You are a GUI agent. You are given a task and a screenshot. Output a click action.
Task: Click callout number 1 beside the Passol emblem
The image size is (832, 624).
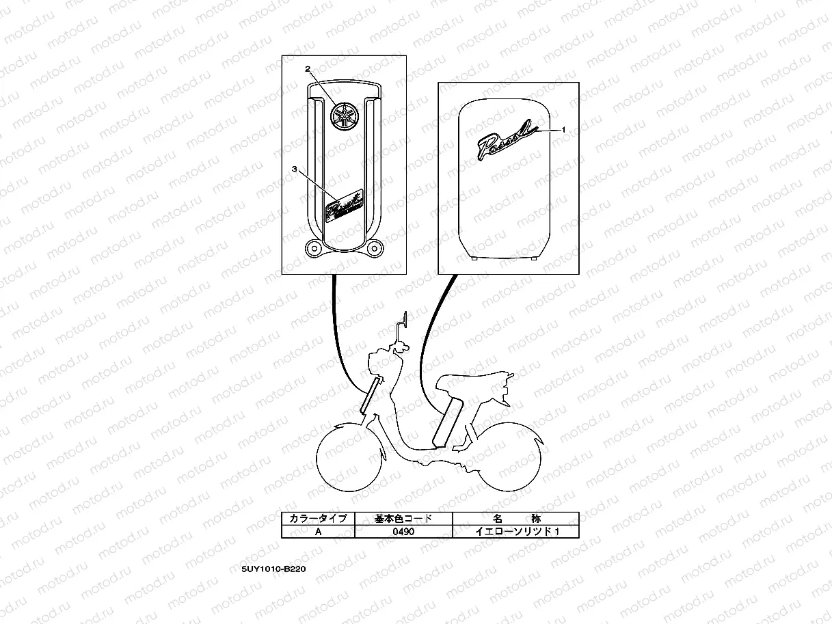click(563, 128)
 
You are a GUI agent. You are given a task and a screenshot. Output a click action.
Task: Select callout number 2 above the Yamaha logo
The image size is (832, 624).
click(308, 69)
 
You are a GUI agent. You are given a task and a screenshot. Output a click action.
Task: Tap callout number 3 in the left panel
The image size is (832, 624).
click(294, 168)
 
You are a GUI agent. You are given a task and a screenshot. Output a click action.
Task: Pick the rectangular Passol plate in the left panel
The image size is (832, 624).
click(345, 204)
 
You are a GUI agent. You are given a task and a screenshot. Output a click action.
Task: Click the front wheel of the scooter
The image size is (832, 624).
click(343, 458)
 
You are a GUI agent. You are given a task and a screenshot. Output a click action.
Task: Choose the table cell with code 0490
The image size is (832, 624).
click(403, 532)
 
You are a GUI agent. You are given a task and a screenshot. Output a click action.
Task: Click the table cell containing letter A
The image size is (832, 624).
click(318, 532)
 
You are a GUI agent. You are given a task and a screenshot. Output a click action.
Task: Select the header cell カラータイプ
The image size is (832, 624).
click(318, 518)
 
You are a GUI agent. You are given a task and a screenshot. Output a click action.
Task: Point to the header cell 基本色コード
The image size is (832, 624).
click(403, 518)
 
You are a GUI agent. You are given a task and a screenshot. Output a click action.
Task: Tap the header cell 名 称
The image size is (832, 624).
click(515, 518)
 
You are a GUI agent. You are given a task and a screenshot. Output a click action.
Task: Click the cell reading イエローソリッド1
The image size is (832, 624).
click(515, 532)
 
